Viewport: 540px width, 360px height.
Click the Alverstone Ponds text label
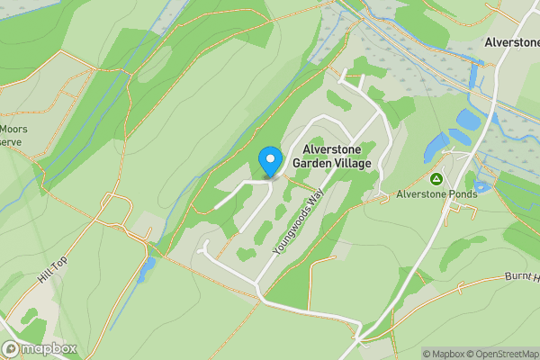click(436, 193)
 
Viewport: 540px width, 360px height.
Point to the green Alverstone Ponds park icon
click(436, 179)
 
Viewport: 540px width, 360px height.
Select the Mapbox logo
click(40, 348)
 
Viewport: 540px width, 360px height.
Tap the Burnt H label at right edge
click(521, 277)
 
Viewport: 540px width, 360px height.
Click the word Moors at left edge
click(14, 129)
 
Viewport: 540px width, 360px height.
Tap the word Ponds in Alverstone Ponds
click(458, 193)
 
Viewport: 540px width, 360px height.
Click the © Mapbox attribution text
click(442, 354)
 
